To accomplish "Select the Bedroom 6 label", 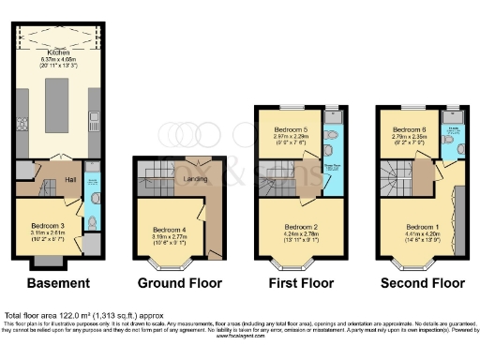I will pos(409,129).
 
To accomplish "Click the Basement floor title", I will pos(58,282).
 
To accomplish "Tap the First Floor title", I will pos(299,282).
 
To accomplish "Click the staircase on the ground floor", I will pos(155,172).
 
